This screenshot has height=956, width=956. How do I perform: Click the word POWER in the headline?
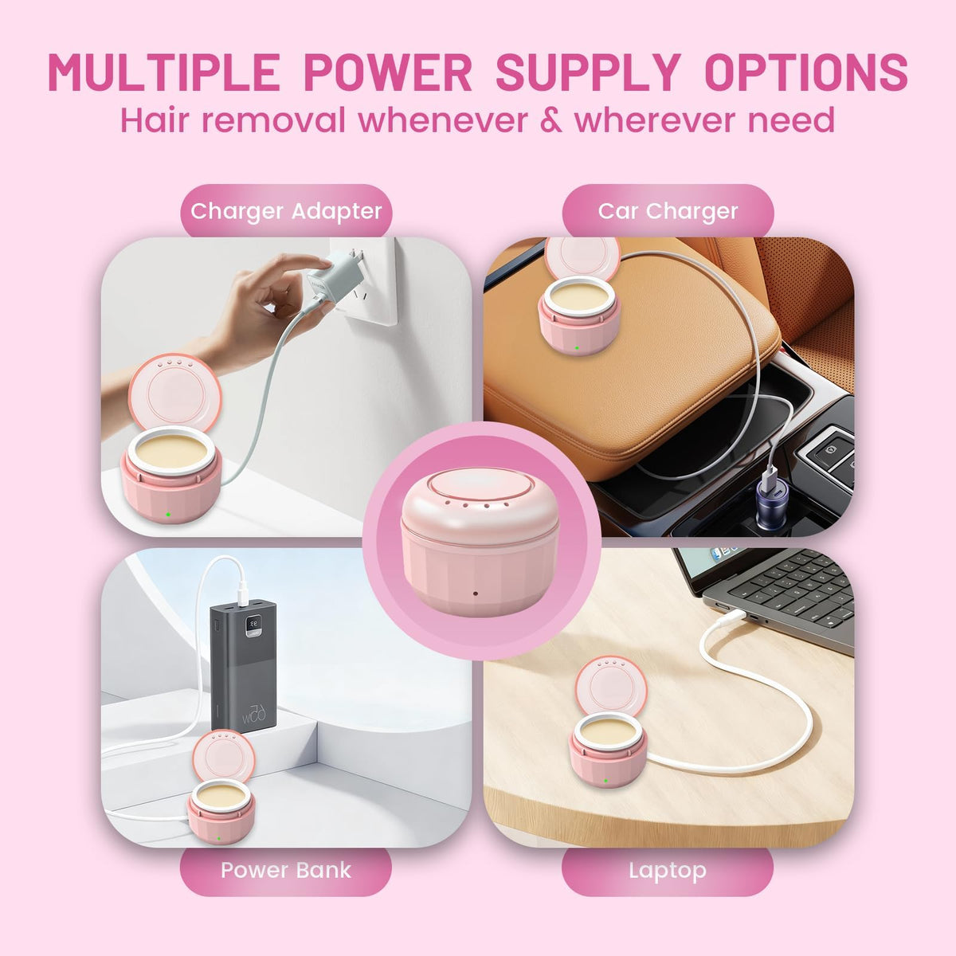click(387, 72)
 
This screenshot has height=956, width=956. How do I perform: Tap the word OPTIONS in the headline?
click(806, 72)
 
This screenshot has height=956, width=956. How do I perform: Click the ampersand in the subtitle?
click(550, 120)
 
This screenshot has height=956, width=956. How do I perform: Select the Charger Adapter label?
click(286, 211)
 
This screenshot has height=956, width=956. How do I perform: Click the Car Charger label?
click(668, 211)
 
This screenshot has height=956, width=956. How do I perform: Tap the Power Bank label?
click(286, 870)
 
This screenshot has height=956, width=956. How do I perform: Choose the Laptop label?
click(668, 870)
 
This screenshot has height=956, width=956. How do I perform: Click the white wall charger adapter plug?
click(334, 274)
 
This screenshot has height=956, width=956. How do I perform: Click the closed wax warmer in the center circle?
click(480, 541)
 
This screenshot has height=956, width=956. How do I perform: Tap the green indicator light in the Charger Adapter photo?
click(168, 514)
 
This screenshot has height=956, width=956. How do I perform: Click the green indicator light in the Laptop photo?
click(605, 781)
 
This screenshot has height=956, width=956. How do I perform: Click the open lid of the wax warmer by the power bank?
click(224, 756)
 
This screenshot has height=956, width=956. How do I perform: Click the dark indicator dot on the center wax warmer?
click(476, 594)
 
